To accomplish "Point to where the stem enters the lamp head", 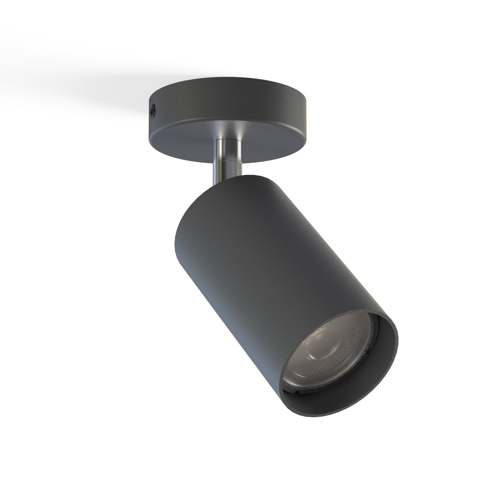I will pos(227,181).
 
